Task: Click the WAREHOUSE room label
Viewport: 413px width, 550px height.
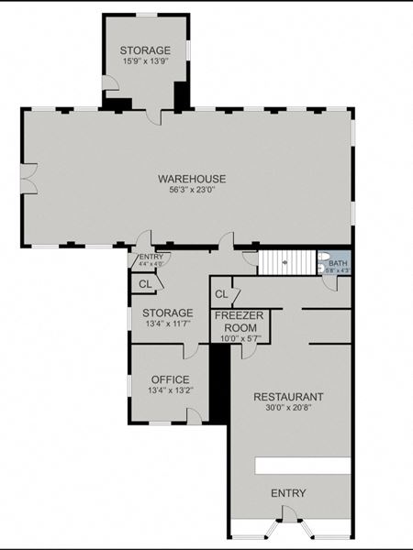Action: pos(191,178)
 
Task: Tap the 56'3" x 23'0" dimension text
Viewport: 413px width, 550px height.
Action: pos(191,190)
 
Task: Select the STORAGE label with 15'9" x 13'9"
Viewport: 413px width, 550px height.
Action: pos(145,50)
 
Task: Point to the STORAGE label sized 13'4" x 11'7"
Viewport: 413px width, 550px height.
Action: pos(167,313)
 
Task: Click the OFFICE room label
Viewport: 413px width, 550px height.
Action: pos(170,379)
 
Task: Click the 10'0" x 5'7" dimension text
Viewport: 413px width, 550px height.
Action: pos(240,338)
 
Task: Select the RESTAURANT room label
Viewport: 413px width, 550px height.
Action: pos(288,397)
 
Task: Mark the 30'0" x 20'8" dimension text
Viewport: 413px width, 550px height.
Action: pos(288,409)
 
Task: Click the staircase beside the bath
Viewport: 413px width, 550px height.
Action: pos(286,263)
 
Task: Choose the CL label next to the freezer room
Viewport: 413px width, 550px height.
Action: pos(220,294)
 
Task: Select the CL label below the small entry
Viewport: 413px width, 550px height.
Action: pos(145,284)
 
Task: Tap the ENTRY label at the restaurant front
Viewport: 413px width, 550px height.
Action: pos(288,494)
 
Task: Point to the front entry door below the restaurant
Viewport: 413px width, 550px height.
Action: pos(289,529)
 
